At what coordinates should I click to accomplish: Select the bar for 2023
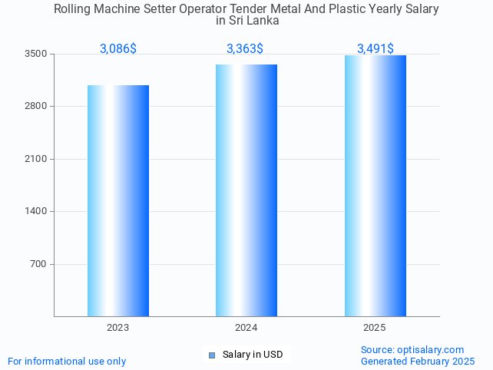[118, 200]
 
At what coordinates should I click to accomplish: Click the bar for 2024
[246, 190]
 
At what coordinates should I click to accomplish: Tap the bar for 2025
[375, 186]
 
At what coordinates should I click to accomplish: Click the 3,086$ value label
[118, 49]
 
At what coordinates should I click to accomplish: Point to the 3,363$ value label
[245, 49]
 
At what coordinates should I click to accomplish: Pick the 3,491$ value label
[376, 49]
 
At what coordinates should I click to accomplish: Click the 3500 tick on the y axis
[35, 54]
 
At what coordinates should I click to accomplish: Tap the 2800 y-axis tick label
[35, 106]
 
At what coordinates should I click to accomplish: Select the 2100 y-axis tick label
[35, 159]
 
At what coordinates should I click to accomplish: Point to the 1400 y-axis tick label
[35, 211]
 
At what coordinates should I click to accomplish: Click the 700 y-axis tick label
[38, 264]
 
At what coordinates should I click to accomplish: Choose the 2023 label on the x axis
[118, 328]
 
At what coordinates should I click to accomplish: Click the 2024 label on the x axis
[246, 328]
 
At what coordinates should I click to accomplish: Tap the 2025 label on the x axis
[375, 328]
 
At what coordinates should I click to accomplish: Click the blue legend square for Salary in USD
[213, 355]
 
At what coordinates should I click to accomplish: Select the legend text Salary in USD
[253, 355]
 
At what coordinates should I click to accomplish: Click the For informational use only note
[67, 361]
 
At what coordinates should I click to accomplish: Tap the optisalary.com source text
[412, 349]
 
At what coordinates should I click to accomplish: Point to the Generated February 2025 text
[418, 361]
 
